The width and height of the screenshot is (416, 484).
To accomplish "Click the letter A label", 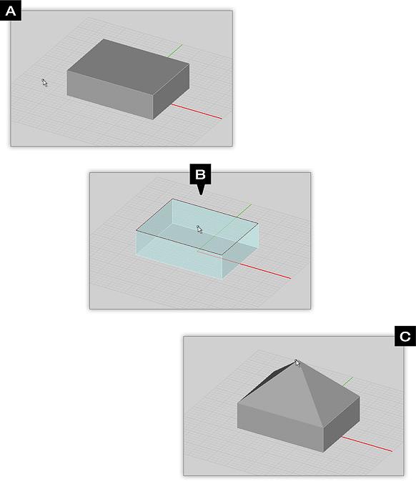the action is click(x=11, y=11).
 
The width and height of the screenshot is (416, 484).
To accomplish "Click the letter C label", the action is click(x=405, y=336).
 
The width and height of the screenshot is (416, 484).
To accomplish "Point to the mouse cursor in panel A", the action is click(x=44, y=82).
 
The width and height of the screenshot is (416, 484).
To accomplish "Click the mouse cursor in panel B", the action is click(x=199, y=229).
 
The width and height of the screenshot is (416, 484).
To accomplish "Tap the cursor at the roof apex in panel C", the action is click(x=297, y=363).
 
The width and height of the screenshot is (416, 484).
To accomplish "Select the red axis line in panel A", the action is click(x=197, y=112).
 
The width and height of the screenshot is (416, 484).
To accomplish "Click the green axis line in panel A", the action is click(x=174, y=51).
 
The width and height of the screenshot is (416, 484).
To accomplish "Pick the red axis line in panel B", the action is click(x=265, y=271).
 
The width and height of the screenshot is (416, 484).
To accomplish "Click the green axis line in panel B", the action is click(x=244, y=210).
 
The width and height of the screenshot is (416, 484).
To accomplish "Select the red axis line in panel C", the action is click(x=367, y=444).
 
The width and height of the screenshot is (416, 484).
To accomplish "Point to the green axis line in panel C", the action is click(x=348, y=381).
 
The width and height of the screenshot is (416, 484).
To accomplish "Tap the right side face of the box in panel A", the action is click(x=171, y=92).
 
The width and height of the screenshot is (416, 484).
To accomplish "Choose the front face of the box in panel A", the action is click(x=110, y=95).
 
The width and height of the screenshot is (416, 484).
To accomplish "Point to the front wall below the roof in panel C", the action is click(x=280, y=427).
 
